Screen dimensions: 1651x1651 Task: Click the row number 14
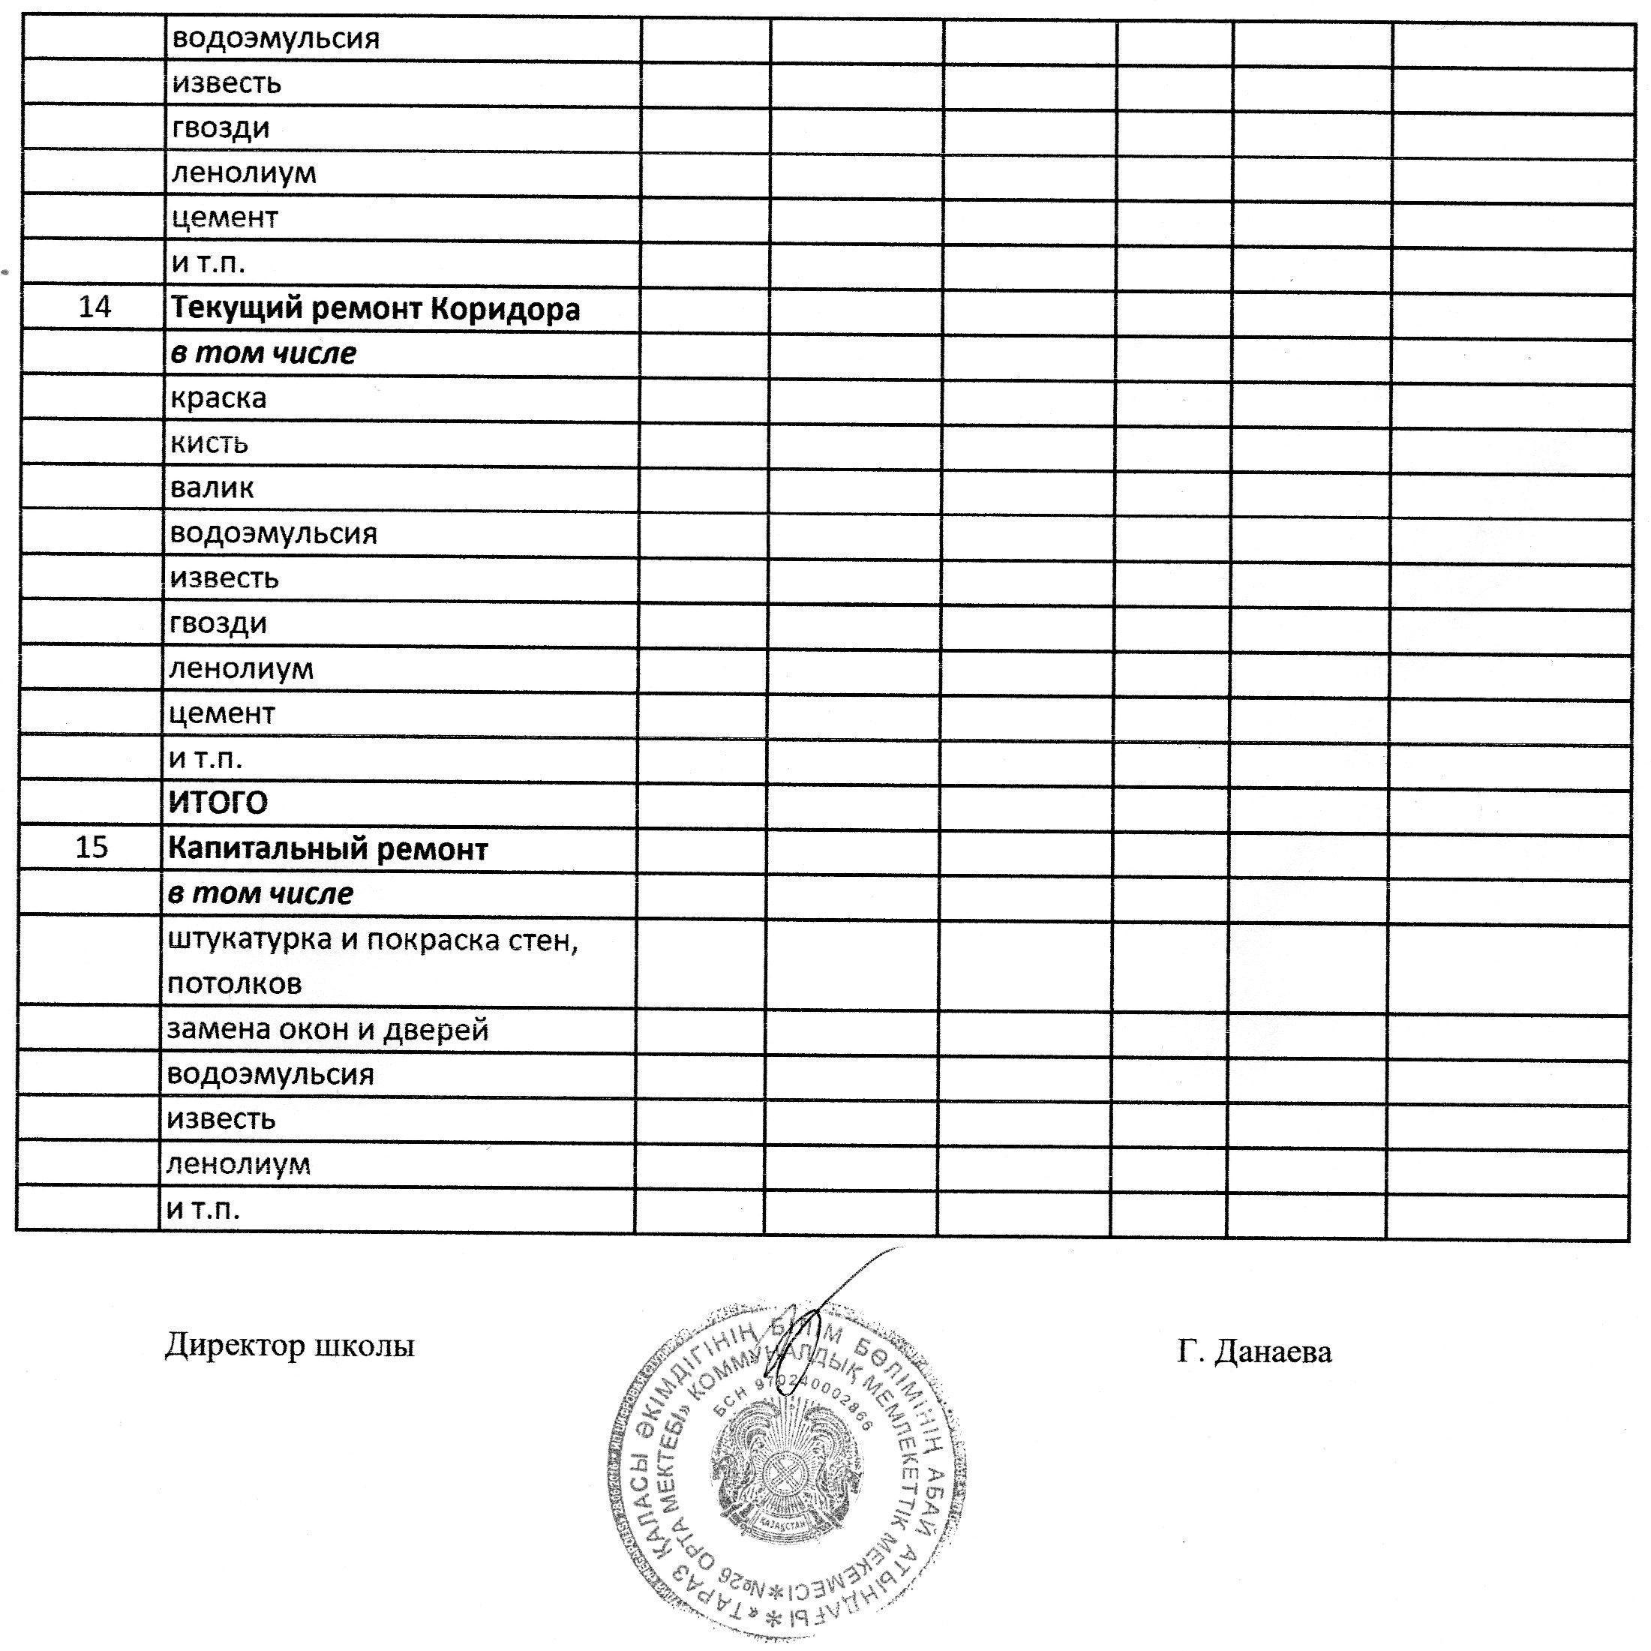[x=95, y=307]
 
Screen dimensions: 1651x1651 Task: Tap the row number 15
[x=92, y=847]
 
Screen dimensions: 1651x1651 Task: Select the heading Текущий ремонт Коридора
[x=375, y=308]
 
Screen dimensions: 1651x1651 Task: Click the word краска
[x=219, y=398]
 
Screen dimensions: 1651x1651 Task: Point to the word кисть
[x=209, y=443]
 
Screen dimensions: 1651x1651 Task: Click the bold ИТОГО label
[x=218, y=803]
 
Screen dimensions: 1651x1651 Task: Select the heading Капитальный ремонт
[x=327, y=848]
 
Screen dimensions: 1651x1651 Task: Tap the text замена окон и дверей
[x=327, y=1029]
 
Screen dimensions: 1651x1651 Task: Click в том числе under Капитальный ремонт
[x=260, y=894]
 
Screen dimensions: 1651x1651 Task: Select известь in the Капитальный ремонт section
[x=221, y=1118]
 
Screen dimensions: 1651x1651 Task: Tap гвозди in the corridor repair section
[x=219, y=623]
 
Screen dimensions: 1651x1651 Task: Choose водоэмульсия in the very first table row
[x=276, y=39]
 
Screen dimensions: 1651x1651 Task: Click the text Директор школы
[x=290, y=1346]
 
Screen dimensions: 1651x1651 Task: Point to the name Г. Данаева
[x=1253, y=1352]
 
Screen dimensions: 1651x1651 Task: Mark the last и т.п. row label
[x=203, y=1209]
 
